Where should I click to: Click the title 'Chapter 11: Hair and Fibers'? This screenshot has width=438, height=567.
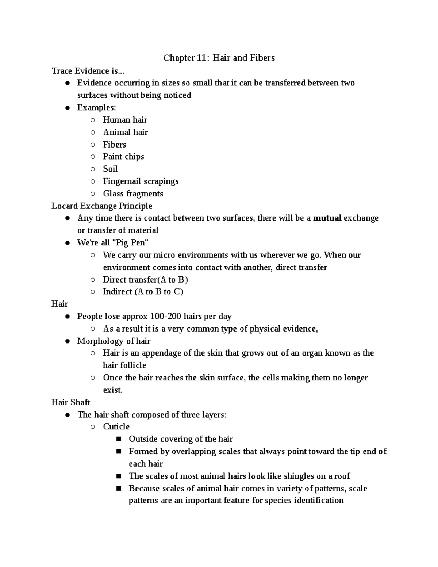pos(219,58)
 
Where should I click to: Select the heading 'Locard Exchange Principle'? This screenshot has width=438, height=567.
pos(102,206)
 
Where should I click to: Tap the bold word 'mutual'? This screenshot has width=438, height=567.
pos(327,218)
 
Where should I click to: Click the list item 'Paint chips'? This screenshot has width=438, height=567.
pos(123,157)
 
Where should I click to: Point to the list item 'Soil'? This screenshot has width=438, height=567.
pos(110,169)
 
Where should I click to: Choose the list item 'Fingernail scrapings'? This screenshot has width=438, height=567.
pos(141,181)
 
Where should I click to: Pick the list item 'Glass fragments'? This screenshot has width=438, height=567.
pos(133,194)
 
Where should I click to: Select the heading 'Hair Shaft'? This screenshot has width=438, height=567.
pos(71,402)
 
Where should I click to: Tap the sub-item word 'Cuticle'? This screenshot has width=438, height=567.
pos(116,427)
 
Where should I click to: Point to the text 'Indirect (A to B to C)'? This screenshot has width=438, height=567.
pos(143,292)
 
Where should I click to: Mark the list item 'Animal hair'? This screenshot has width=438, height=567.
pos(125,132)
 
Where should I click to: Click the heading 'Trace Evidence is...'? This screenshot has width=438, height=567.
pos(85,71)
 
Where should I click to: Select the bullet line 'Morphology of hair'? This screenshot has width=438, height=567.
pos(114,341)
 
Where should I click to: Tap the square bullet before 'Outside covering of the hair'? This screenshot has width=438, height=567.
pos(119,439)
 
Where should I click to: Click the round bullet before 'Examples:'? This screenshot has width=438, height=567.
pos(67,108)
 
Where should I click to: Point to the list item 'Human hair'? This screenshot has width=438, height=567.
pos(125,120)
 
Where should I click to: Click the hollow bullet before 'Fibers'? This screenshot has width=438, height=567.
pos(93,145)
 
